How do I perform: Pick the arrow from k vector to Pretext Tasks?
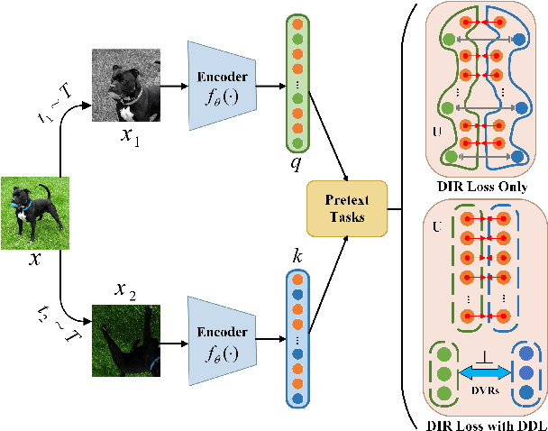326,261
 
